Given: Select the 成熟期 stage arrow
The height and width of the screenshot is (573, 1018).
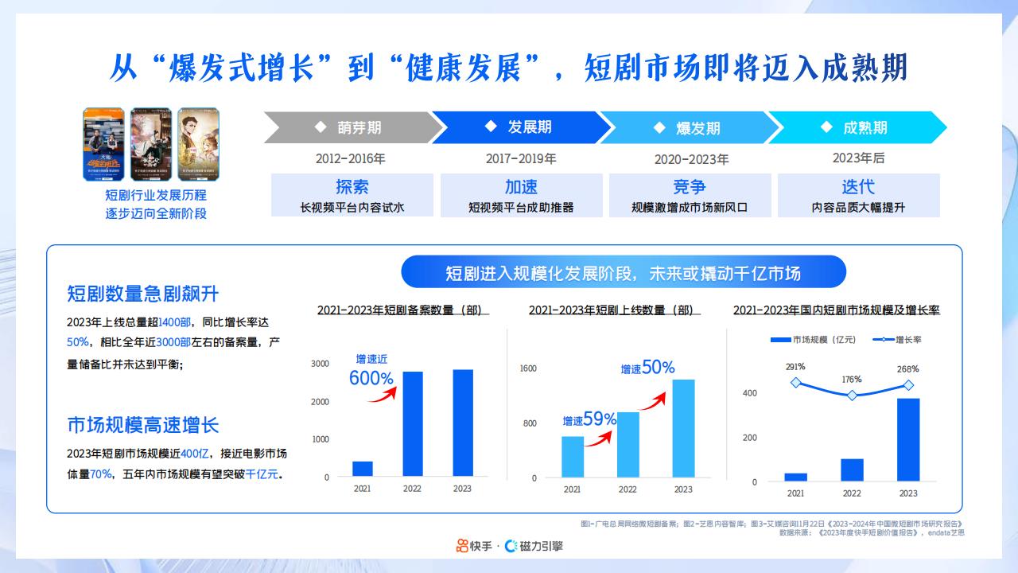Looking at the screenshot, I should (x=856, y=127).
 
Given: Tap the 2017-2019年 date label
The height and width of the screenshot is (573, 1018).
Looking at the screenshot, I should (x=521, y=158).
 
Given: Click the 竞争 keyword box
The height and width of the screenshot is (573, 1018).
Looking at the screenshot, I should (x=690, y=195).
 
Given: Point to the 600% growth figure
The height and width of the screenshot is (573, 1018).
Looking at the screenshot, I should (x=371, y=379).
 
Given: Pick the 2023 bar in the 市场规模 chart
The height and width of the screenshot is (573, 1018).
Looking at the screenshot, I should (x=908, y=439).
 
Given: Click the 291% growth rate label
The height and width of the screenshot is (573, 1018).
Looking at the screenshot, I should (x=795, y=367).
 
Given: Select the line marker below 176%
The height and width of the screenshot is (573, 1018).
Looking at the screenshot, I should (x=852, y=396).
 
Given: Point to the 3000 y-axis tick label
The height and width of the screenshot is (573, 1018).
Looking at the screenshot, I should (x=320, y=364).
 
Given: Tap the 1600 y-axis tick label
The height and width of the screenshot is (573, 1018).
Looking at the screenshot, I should (x=528, y=368).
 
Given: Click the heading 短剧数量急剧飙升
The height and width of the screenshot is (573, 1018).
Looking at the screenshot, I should (x=143, y=294).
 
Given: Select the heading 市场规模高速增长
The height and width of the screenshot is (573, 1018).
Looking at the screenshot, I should (x=143, y=424).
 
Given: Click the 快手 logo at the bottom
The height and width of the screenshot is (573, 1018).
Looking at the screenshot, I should (x=473, y=546).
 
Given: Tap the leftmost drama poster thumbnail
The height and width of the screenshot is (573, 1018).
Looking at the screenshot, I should (x=105, y=144).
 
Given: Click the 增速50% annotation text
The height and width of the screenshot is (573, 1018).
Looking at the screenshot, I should (x=647, y=368).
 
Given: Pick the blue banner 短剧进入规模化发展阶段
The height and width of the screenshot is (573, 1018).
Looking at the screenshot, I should (x=623, y=272).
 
